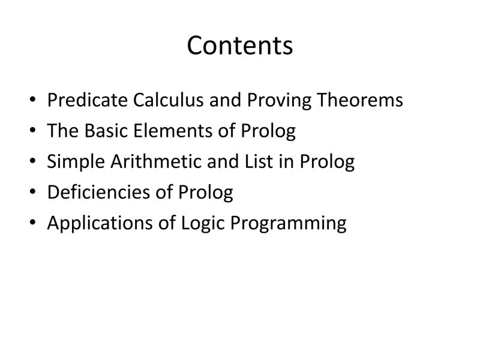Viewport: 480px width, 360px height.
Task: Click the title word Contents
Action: [240, 46]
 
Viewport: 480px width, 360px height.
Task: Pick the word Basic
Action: [103, 131]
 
